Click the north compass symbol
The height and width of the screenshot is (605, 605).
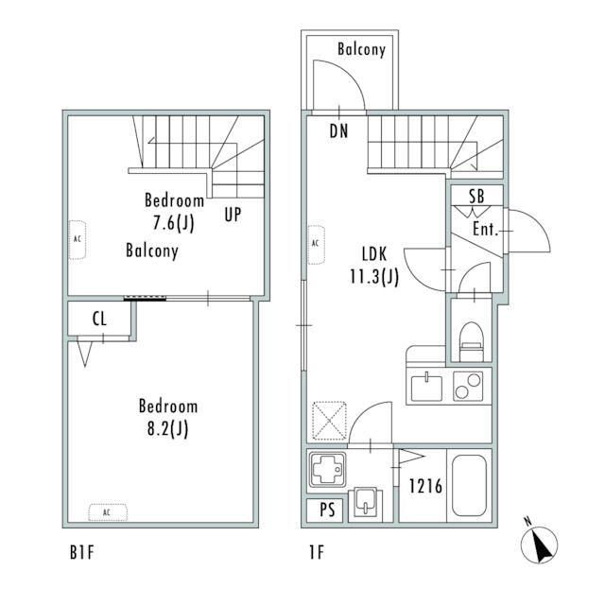tap(539, 544)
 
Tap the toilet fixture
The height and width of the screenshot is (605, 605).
tap(472, 342)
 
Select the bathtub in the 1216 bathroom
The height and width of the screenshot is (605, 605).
tap(469, 485)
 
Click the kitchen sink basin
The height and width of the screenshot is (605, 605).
tap(426, 387)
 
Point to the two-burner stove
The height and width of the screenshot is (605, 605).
tap(468, 386)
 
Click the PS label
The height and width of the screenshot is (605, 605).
tap(327, 510)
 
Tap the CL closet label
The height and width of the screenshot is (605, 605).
tap(99, 320)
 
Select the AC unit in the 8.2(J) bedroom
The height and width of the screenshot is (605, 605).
tap(108, 512)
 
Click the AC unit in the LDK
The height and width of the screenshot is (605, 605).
tap(316, 245)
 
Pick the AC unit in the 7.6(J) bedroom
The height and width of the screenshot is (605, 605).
tap(78, 239)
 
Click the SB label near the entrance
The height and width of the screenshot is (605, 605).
tap(476, 196)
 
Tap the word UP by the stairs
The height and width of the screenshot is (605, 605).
tap(233, 215)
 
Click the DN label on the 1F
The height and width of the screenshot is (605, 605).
tap(338, 131)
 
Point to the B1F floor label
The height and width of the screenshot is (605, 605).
tap(82, 552)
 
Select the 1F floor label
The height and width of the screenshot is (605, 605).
tap(317, 552)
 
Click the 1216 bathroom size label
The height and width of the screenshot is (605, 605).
tap(425, 486)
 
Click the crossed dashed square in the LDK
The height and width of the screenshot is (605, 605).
tap(329, 421)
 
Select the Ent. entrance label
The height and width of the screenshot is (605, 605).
tap(485, 229)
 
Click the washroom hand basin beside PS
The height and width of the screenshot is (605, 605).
tap(365, 502)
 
